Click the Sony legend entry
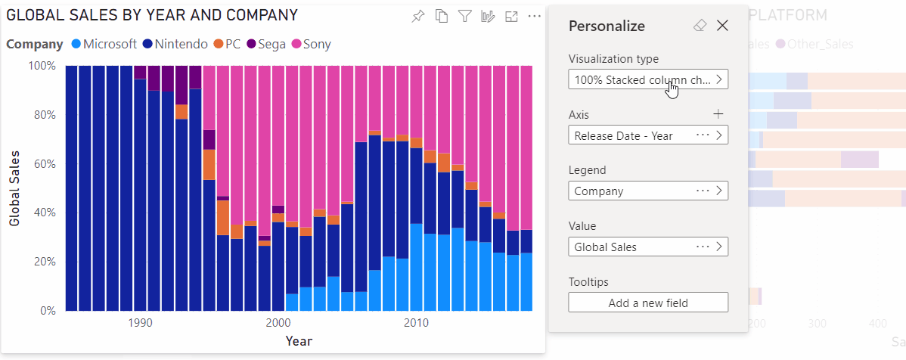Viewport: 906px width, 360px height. tap(311, 44)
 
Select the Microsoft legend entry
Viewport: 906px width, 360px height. tap(104, 44)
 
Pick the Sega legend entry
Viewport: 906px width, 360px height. tap(267, 44)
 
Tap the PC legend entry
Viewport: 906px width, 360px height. tap(226, 44)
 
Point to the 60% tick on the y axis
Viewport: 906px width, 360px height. tap(42, 163)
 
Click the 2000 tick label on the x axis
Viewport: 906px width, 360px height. tap(278, 323)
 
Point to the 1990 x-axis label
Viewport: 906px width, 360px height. tap(139, 323)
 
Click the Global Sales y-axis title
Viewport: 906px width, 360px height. tap(14, 188)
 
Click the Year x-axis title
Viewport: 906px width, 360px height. tap(299, 341)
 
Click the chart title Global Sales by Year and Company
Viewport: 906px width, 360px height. tap(152, 15)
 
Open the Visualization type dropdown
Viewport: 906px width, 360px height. tap(648, 79)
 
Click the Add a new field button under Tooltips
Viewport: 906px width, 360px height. tap(648, 303)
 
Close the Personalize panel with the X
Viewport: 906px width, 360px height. tap(722, 26)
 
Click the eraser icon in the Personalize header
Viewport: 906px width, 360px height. tap(700, 26)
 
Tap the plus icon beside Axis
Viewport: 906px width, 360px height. tap(718, 114)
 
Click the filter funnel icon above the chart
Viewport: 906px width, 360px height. tap(465, 17)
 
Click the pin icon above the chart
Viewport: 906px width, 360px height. tap(418, 17)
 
